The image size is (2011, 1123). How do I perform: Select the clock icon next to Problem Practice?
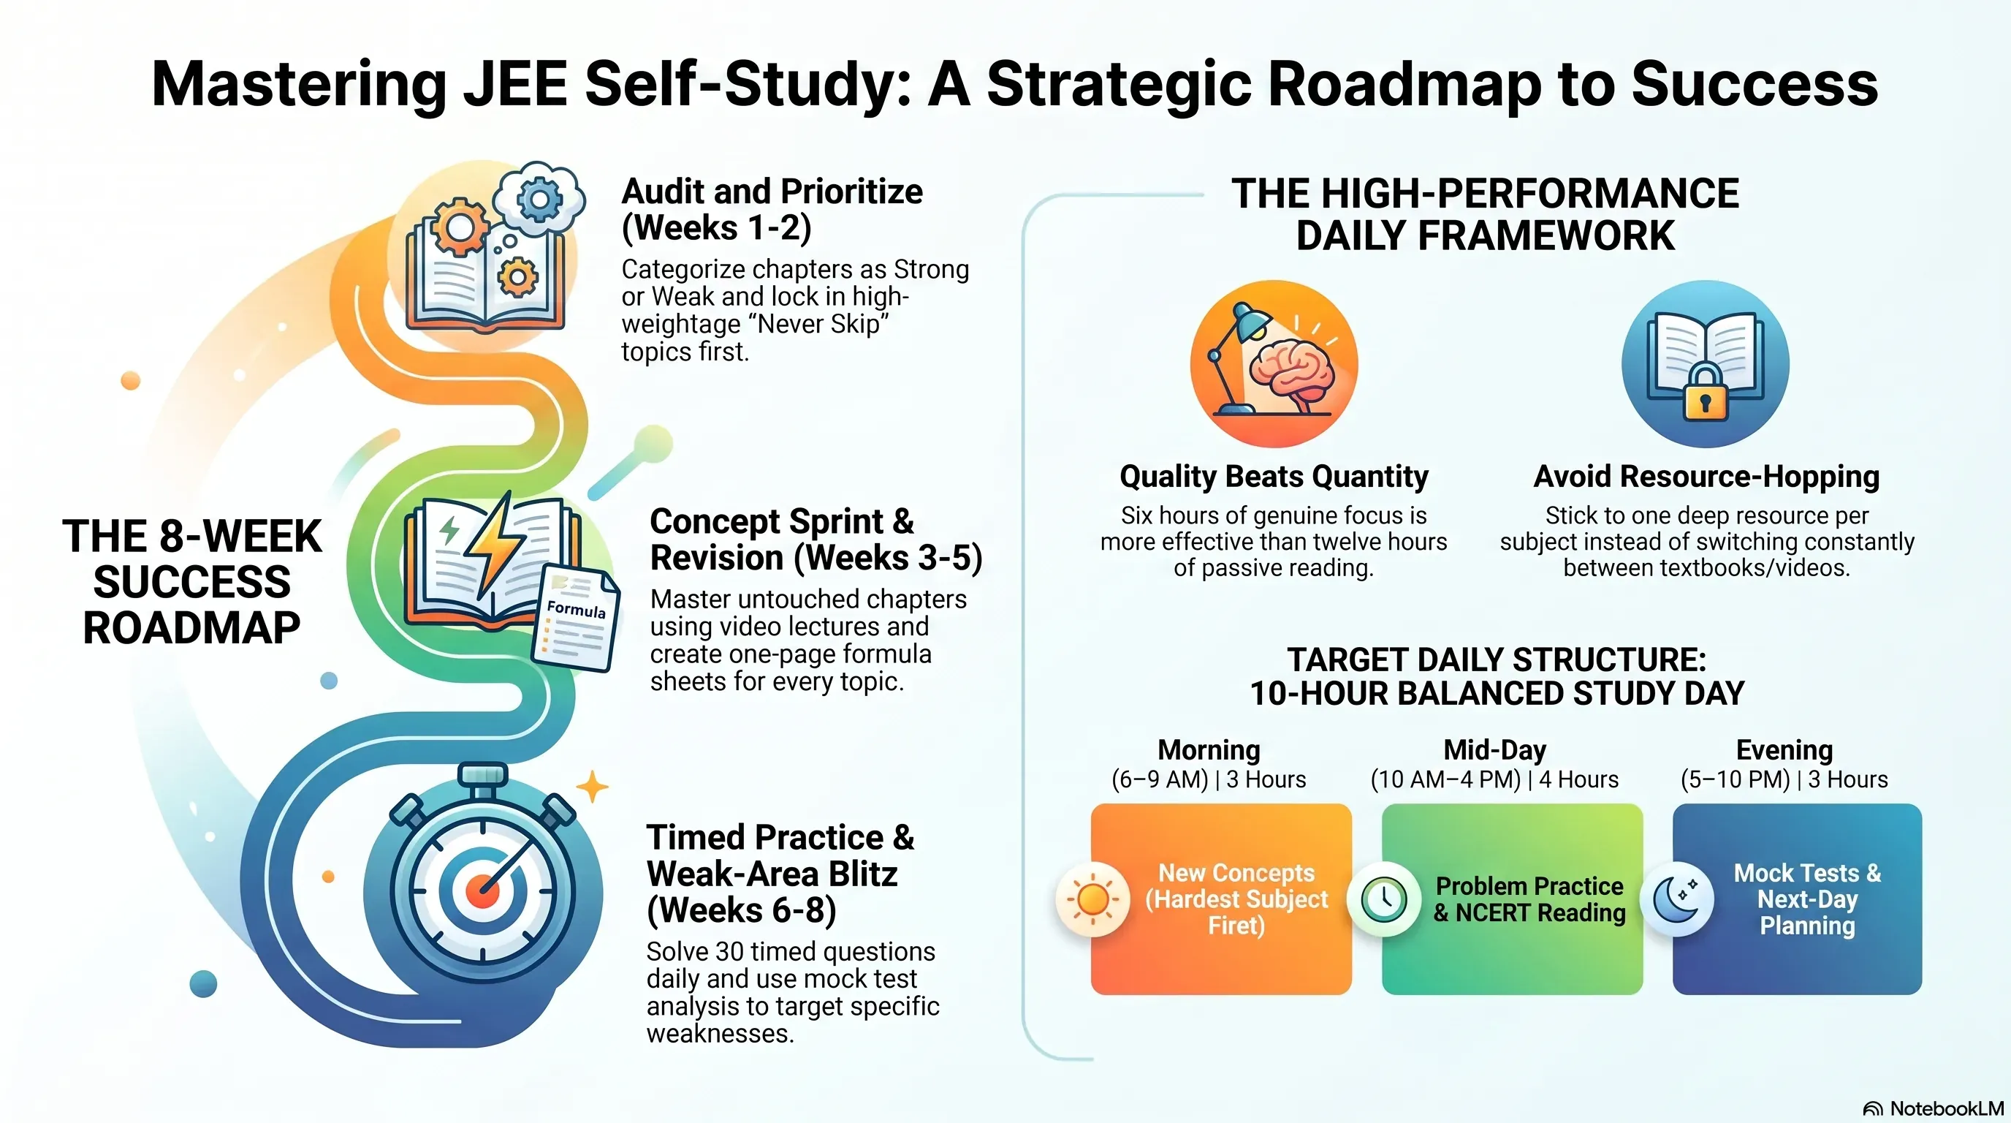pos(1384,899)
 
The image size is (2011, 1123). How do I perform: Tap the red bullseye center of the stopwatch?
pos(482,891)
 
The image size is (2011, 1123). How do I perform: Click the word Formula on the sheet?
pos(576,609)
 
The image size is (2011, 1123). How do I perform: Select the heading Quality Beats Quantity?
pos(1274,477)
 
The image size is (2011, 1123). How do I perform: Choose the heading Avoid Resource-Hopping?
pos(1706,477)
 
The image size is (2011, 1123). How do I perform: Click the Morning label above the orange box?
pos(1209,749)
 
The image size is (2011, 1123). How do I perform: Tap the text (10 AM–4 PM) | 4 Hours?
pos(1494,779)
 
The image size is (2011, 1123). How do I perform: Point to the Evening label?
pos(1784,749)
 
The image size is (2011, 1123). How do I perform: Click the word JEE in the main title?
pos(515,84)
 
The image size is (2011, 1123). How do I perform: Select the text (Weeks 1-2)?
pos(717,228)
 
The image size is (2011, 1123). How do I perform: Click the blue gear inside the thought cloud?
pos(539,198)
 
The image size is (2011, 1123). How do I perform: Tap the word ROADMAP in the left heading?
pos(191,628)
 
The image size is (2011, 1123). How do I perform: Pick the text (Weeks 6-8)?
pos(742,910)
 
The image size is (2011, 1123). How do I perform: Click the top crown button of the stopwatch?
pos(482,776)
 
